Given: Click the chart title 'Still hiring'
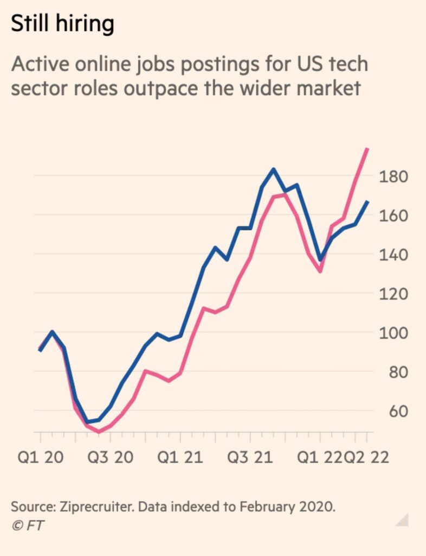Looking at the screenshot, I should [63, 24].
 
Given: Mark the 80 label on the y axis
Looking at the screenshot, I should [394, 372].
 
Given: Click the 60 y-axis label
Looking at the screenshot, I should [394, 411].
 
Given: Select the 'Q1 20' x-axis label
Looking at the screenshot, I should [41, 457].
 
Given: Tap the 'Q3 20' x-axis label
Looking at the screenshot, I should [111, 457].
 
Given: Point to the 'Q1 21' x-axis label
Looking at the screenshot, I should [180, 457].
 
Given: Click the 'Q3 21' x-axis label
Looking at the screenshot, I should [249, 457].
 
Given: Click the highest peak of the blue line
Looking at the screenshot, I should [273, 169].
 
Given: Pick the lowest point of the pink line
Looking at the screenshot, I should [99, 432].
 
